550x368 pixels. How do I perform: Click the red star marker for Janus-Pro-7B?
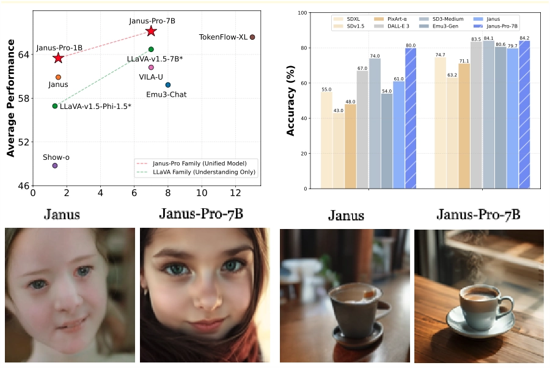pos(151,31)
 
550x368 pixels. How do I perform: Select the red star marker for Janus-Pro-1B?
pos(58,58)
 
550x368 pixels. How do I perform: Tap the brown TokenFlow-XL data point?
pos(252,37)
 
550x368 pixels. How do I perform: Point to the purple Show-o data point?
pos(54,165)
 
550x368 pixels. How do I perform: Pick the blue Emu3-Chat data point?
pos(168,84)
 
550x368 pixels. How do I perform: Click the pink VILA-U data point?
pos(151,67)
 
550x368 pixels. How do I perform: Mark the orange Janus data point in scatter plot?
pos(58,77)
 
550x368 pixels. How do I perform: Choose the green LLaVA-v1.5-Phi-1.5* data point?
pos(54,106)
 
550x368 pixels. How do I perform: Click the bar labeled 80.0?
pos(410,118)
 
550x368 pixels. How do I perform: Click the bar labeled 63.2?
pos(452,133)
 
